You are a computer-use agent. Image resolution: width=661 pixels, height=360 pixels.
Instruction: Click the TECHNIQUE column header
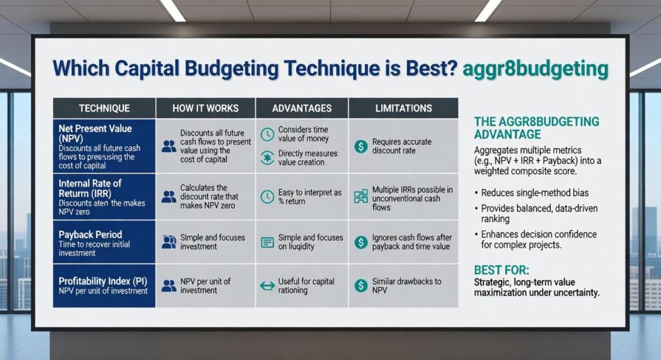(104, 108)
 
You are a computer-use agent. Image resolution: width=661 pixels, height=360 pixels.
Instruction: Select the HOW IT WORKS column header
(205, 108)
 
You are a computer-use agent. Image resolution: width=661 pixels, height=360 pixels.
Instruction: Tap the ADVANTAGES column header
(301, 108)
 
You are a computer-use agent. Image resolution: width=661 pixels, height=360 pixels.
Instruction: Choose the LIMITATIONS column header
(403, 108)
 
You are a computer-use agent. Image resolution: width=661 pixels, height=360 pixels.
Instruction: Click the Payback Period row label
(90, 234)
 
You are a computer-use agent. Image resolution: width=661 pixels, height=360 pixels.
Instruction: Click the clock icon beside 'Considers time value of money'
(267, 135)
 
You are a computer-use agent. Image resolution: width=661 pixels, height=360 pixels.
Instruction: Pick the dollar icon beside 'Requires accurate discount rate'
(361, 146)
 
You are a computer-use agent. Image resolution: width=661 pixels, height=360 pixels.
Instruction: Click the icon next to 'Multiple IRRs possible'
(361, 196)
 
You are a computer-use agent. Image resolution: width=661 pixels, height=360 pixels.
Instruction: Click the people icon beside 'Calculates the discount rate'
(169, 196)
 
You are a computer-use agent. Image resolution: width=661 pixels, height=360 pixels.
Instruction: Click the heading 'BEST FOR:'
(502, 270)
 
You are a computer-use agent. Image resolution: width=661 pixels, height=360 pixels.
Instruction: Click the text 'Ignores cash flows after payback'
(412, 242)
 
